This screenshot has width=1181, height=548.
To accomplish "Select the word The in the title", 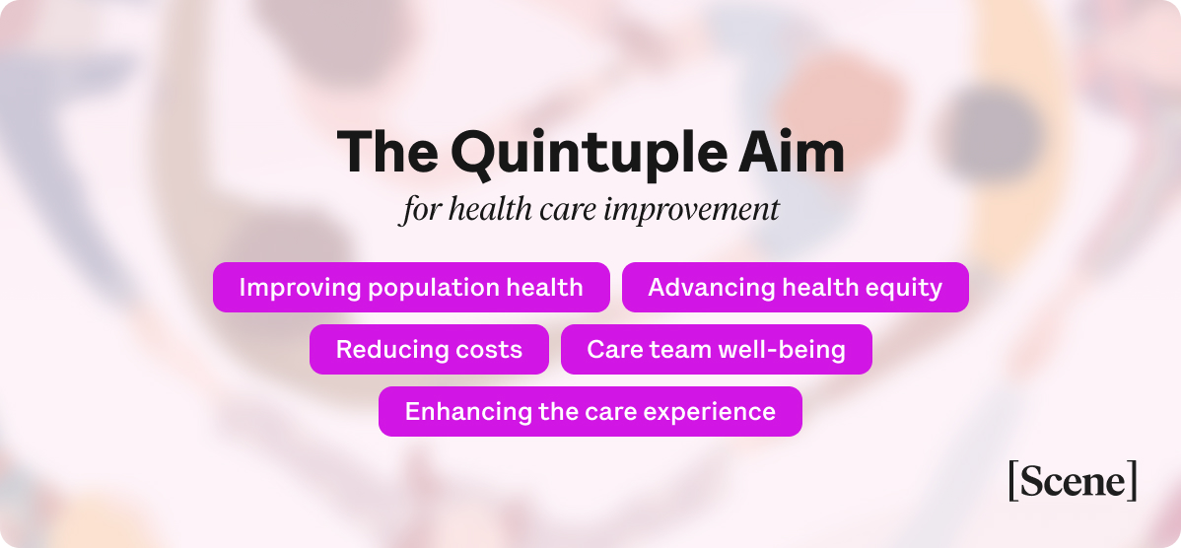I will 387,153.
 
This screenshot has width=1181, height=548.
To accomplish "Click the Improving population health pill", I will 411,288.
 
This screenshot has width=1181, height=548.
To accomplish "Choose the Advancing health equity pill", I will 795,288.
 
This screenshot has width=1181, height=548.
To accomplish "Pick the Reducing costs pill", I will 429,350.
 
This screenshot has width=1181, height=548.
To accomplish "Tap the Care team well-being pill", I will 716,350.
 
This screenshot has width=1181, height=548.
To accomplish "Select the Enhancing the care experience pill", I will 590,412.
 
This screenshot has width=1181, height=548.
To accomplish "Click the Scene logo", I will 1073,481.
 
